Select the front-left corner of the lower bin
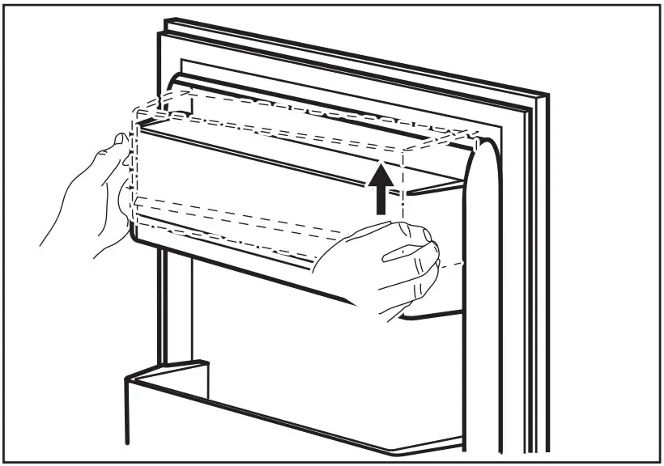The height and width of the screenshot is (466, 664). pos(126,380)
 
